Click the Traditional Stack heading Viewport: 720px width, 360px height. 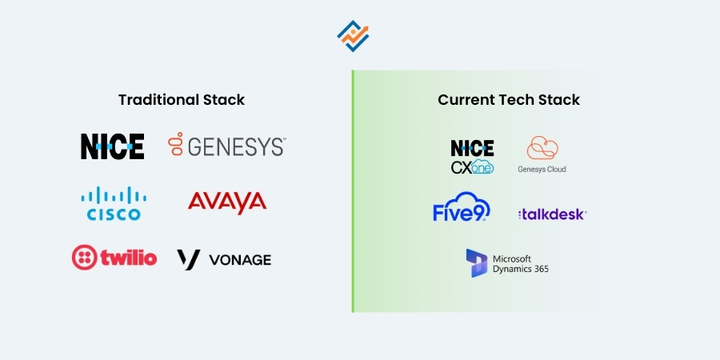click(182, 100)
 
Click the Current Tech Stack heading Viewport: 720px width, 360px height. click(509, 100)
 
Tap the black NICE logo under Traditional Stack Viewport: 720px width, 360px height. click(113, 146)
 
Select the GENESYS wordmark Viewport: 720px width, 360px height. click(236, 147)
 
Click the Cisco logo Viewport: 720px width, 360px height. click(114, 203)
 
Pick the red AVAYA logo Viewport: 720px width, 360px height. click(227, 202)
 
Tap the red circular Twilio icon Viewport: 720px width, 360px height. click(85, 258)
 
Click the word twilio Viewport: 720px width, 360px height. click(129, 258)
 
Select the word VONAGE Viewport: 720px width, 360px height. click(240, 260)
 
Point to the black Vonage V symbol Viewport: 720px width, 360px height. click(189, 259)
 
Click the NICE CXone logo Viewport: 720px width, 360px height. click(472, 157)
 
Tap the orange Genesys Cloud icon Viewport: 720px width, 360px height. click(542, 149)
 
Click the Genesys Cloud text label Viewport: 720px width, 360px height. click(542, 170)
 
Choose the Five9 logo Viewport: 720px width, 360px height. click(462, 207)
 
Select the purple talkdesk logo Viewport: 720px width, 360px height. click(553, 214)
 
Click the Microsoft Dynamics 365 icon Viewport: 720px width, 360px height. click(477, 263)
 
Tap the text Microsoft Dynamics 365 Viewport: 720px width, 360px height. click(521, 264)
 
